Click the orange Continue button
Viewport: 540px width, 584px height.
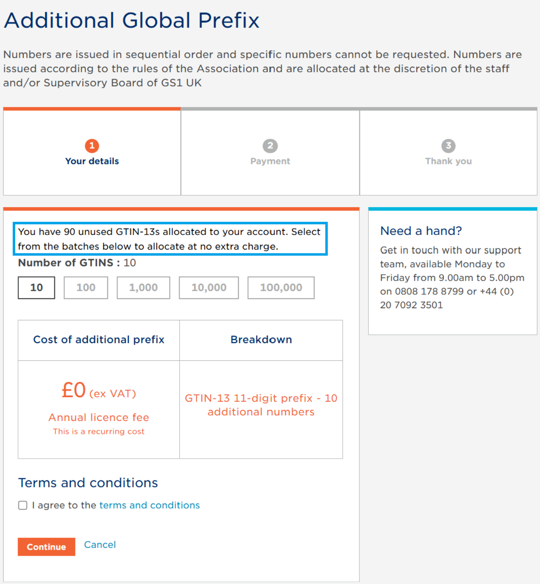click(x=46, y=547)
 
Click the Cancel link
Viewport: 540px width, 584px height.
click(x=100, y=545)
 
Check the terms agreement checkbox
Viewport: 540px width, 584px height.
click(x=23, y=505)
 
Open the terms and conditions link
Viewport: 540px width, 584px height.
click(x=149, y=505)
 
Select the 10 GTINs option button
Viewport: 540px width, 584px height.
click(x=37, y=288)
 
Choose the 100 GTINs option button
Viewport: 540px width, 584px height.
click(x=86, y=288)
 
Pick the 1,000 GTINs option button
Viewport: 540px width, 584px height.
click(x=143, y=288)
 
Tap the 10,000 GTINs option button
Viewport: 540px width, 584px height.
click(x=209, y=288)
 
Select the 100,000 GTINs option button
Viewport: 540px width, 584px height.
click(x=281, y=288)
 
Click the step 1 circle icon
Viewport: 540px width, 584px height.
click(x=92, y=146)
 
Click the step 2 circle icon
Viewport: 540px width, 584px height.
click(x=270, y=146)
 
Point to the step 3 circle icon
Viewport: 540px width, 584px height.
click(x=448, y=146)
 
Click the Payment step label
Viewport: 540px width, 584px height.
click(x=270, y=161)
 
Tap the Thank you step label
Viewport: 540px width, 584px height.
click(x=448, y=161)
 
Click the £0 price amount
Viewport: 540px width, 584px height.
click(x=74, y=390)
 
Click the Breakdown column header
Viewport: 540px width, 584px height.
click(x=261, y=340)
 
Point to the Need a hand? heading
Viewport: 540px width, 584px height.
click(x=421, y=231)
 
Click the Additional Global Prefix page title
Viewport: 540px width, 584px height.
click(x=132, y=20)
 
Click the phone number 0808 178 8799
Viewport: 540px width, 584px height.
click(x=429, y=292)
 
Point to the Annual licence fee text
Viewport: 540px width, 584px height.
click(x=99, y=417)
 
